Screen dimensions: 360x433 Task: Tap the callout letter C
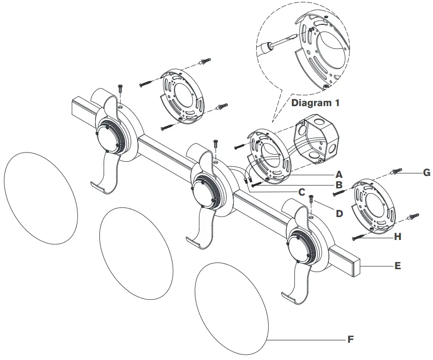pyautogui.click(x=301, y=193)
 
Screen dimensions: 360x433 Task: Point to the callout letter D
pyautogui.click(x=339, y=214)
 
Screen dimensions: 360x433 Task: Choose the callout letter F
pyautogui.click(x=350, y=340)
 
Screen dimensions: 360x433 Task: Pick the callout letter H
pyautogui.click(x=398, y=237)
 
